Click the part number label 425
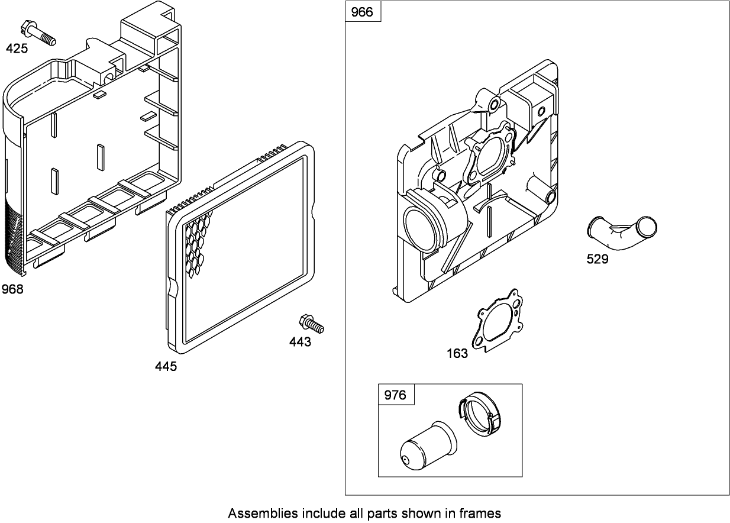pos(17,49)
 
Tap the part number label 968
pos(13,289)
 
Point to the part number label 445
pos(166,367)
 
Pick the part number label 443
pos(300,342)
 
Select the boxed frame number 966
pos(362,12)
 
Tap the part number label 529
pos(597,259)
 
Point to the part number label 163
pos(457,354)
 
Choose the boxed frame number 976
pos(395,395)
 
